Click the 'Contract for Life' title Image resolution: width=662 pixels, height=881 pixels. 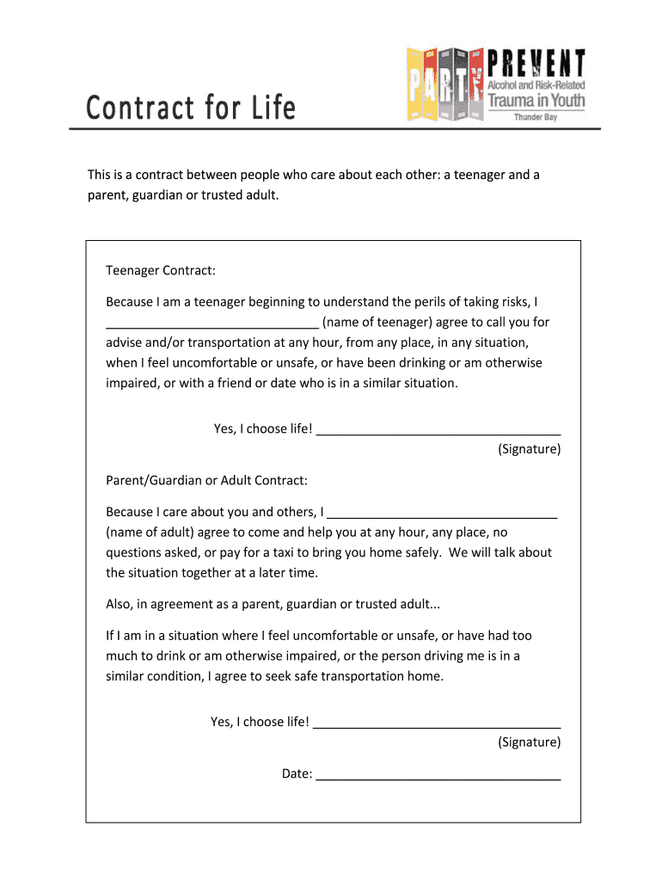(x=191, y=109)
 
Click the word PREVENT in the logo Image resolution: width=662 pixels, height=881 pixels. (x=536, y=65)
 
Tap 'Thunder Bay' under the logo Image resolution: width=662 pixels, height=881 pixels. (x=535, y=117)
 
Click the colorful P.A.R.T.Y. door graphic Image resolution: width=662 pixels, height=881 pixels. (x=444, y=84)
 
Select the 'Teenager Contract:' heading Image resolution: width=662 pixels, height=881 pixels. (x=160, y=271)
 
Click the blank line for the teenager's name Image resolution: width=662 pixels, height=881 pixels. (x=212, y=323)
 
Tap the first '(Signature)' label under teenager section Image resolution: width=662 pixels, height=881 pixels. (x=529, y=449)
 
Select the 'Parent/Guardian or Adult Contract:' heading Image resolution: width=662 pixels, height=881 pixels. (x=206, y=480)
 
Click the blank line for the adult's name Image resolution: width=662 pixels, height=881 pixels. (x=443, y=513)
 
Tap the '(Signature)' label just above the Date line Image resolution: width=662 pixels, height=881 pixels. (x=529, y=742)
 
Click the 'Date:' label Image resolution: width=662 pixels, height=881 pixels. (x=297, y=773)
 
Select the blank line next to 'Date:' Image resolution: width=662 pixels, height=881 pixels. (x=438, y=774)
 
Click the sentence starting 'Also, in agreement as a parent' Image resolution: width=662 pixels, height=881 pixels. (x=273, y=604)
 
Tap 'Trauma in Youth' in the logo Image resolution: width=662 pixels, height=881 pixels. (x=536, y=101)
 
